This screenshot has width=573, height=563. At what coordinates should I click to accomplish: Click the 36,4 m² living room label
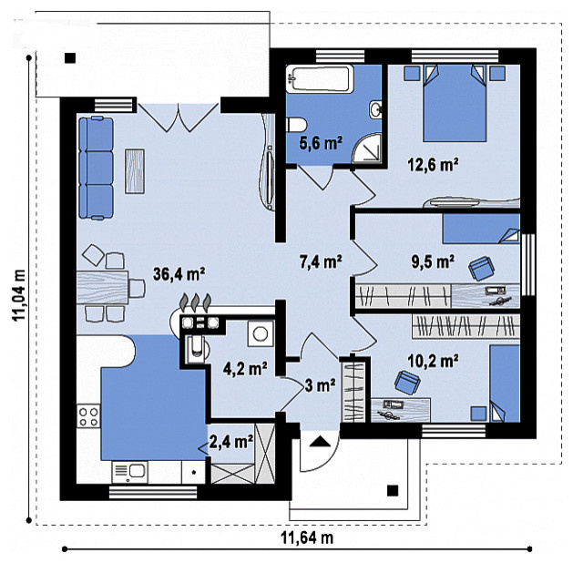(x=179, y=274)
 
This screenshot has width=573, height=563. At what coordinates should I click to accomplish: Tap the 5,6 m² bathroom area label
(x=321, y=143)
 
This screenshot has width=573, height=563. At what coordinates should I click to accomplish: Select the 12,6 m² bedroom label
(x=433, y=165)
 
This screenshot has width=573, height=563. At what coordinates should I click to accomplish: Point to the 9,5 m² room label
(x=433, y=261)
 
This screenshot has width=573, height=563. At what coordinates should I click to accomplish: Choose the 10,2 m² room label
(x=433, y=361)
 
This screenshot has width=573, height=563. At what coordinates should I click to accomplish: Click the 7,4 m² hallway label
(x=321, y=261)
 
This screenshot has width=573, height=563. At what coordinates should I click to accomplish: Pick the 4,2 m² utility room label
(x=245, y=369)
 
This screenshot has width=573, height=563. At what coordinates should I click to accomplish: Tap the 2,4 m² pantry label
(x=231, y=442)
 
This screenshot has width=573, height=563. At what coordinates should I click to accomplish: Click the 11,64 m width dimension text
(x=307, y=537)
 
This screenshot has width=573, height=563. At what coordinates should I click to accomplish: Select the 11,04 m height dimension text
(x=19, y=295)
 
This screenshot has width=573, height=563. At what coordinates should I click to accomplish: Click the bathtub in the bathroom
(x=320, y=79)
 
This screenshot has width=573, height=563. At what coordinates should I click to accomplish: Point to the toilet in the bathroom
(x=296, y=124)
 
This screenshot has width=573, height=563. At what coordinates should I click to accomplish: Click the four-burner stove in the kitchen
(x=88, y=416)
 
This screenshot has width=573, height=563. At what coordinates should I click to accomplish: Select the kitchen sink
(x=129, y=472)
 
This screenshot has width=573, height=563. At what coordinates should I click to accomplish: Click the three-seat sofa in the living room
(x=97, y=168)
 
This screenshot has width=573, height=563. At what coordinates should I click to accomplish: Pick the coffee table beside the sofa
(x=135, y=171)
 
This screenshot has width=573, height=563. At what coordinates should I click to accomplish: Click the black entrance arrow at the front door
(x=320, y=442)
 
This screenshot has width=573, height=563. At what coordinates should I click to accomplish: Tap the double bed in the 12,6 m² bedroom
(x=455, y=103)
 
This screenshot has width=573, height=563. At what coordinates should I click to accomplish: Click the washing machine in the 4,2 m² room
(x=261, y=333)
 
